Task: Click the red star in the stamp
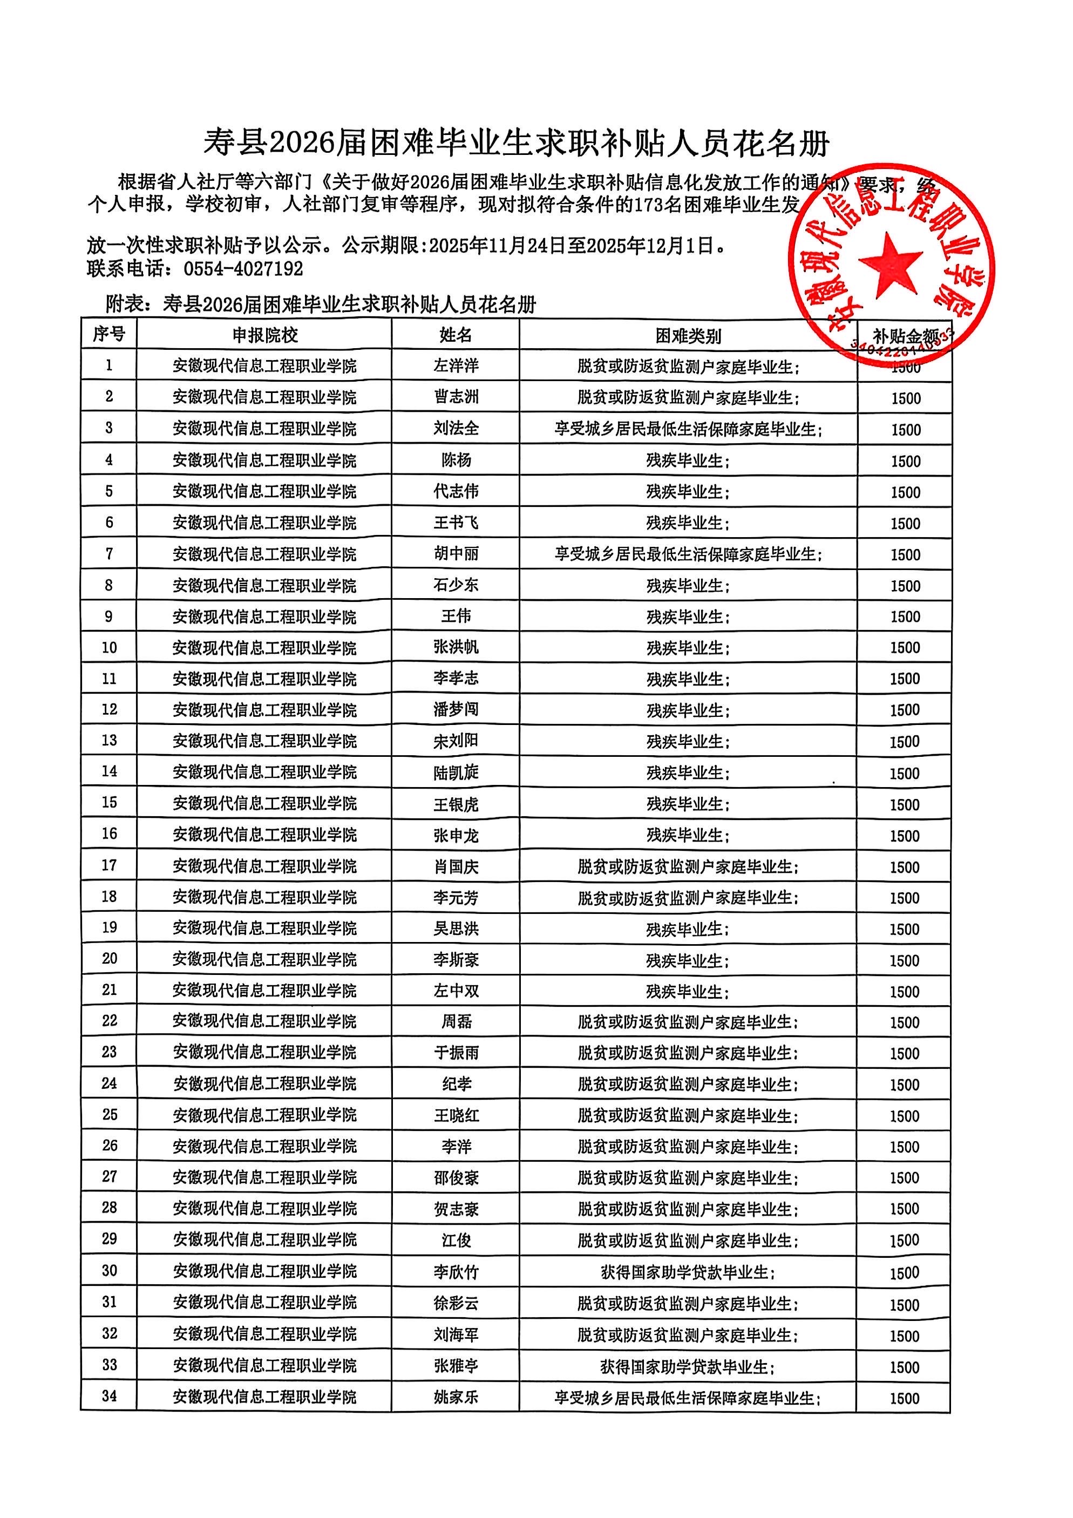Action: tap(890, 265)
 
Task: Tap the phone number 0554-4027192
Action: tap(243, 269)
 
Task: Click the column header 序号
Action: tap(108, 335)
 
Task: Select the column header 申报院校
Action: tap(264, 335)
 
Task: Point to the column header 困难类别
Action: tap(688, 336)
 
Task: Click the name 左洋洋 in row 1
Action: tap(456, 365)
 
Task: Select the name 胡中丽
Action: tap(456, 553)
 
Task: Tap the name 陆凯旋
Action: tap(456, 772)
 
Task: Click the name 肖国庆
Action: tap(456, 866)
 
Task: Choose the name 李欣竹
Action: tap(456, 1271)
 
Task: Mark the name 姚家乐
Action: tap(456, 1397)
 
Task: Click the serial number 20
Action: tap(109, 959)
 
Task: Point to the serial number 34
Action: tap(109, 1397)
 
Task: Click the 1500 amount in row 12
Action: tap(905, 710)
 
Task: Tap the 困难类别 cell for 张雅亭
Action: tap(688, 1366)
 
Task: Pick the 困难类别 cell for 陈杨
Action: tap(688, 460)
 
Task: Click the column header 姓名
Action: tap(456, 335)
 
